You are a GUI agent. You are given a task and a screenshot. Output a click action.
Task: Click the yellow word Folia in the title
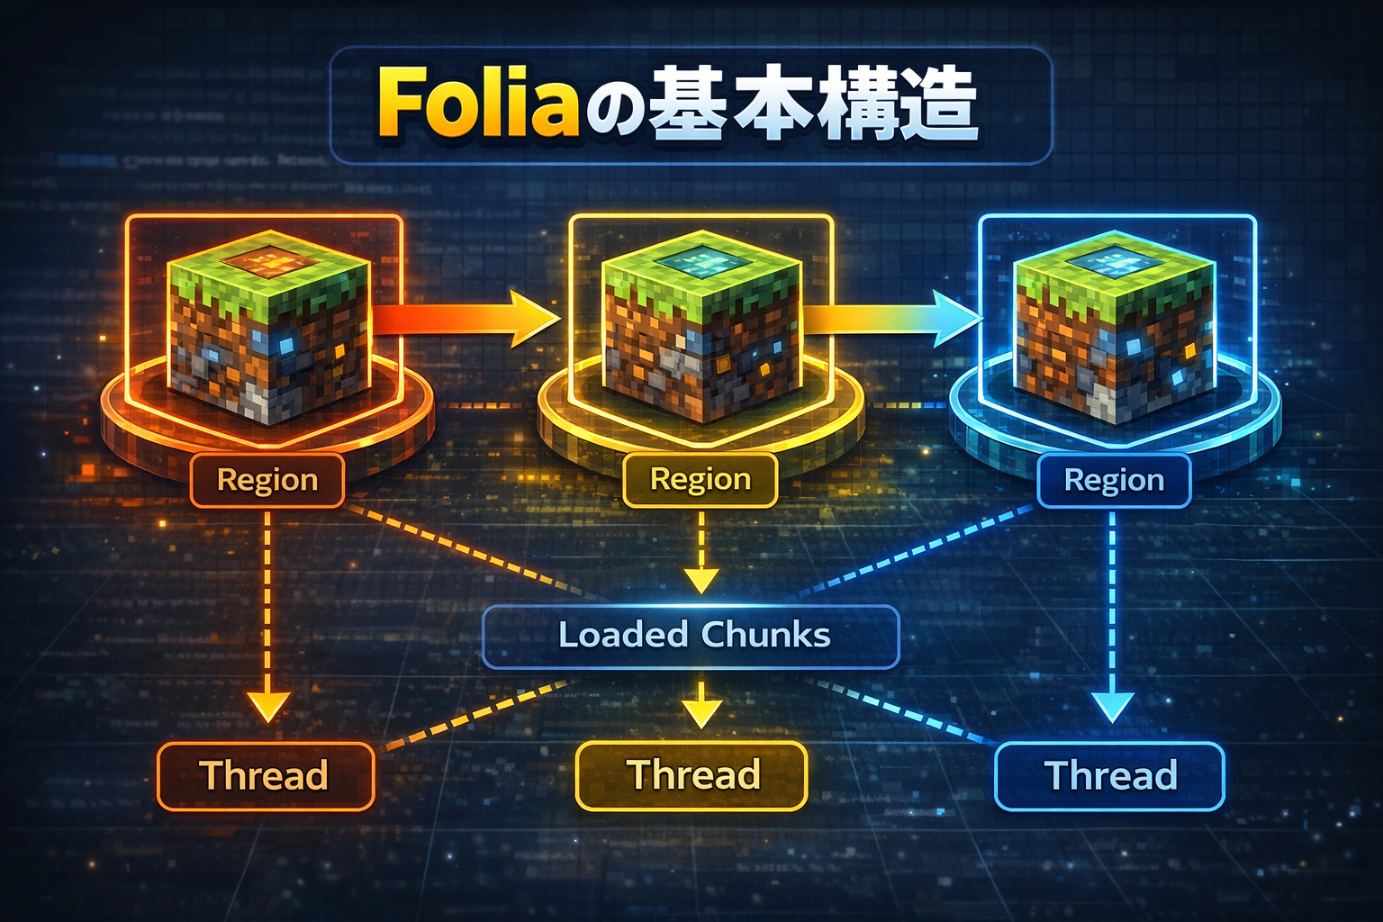(x=477, y=104)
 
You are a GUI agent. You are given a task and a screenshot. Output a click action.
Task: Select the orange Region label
(x=267, y=480)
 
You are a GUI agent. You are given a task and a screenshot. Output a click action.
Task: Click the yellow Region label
(x=701, y=479)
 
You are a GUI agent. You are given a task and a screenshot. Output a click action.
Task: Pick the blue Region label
(x=1114, y=481)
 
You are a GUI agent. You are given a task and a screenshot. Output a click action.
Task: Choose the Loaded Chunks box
(x=691, y=636)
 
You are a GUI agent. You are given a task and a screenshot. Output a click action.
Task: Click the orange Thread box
(x=265, y=775)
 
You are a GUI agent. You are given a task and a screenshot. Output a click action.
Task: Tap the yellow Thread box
(x=691, y=775)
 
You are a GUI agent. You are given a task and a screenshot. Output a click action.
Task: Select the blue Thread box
(x=1109, y=775)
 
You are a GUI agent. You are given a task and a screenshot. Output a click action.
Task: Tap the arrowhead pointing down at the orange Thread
(x=267, y=707)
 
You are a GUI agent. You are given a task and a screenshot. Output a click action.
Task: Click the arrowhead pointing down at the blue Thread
(x=1112, y=707)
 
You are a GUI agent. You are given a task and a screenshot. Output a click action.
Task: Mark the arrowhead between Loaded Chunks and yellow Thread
(x=701, y=712)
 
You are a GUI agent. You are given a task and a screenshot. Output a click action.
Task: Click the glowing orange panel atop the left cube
(x=267, y=262)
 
